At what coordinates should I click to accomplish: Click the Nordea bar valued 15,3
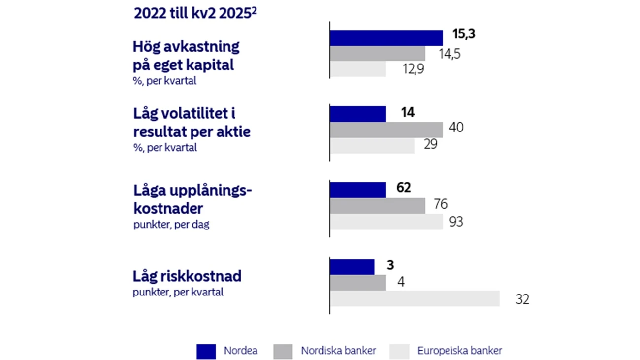tap(386, 38)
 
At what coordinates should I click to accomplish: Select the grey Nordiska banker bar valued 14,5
tap(378, 53)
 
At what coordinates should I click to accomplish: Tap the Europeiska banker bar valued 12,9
tap(358, 69)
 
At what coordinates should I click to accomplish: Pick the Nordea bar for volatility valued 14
tap(358, 114)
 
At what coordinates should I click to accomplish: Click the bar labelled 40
tap(386, 130)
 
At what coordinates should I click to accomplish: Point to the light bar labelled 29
tap(372, 145)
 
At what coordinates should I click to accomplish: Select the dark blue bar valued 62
tap(358, 190)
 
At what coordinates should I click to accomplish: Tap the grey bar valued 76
tap(378, 205)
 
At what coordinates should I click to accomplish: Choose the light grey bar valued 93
tap(386, 222)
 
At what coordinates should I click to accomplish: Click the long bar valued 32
tap(415, 298)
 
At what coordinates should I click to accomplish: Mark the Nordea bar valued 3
tap(352, 266)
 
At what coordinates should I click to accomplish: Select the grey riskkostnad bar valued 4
tap(358, 282)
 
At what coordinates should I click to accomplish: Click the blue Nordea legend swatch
tap(206, 351)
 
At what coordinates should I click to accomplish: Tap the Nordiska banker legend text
tap(338, 351)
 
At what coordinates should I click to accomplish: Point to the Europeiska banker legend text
tap(459, 351)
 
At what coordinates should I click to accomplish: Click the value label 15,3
tap(463, 35)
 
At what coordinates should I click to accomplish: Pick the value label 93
tap(456, 222)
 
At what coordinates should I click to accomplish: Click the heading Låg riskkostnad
tap(187, 277)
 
